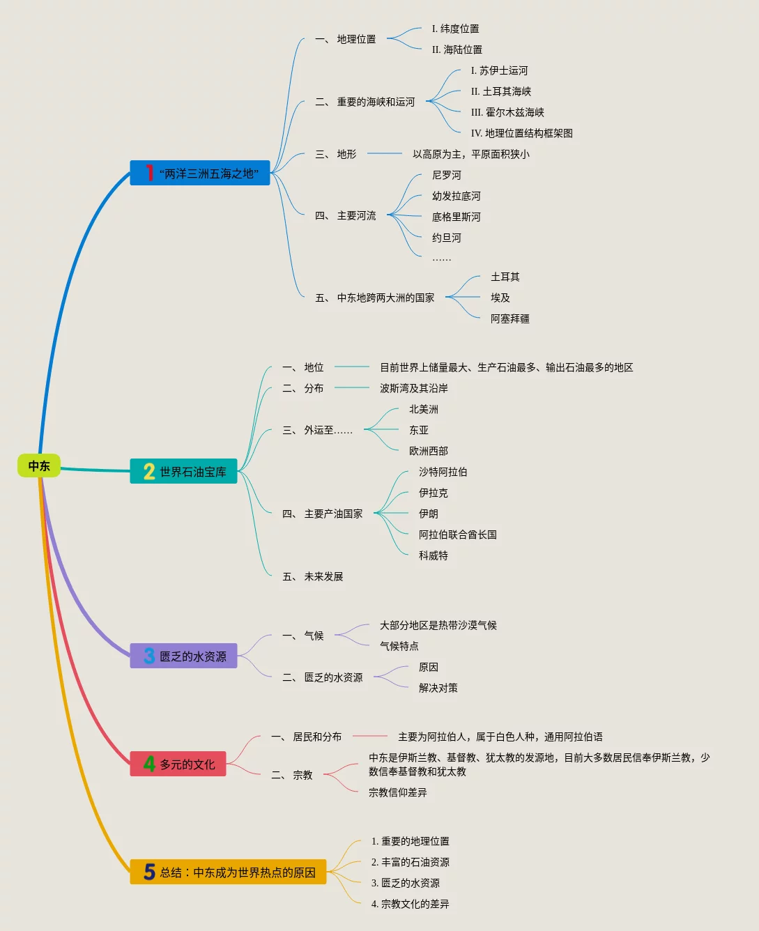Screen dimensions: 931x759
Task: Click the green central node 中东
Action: click(39, 466)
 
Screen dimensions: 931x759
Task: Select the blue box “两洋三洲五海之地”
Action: click(200, 173)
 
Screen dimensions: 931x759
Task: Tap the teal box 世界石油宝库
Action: click(184, 472)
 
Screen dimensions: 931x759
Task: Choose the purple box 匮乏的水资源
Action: click(184, 656)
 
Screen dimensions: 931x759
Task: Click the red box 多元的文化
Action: click(178, 764)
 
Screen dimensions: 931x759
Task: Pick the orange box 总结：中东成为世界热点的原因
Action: click(229, 872)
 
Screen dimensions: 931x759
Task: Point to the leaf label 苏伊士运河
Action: click(499, 71)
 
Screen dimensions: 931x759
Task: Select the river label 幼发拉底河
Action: click(456, 197)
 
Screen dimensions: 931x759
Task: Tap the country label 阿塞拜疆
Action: click(509, 319)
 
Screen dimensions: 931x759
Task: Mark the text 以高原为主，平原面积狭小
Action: click(470, 155)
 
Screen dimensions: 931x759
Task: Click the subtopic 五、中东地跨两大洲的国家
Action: click(375, 298)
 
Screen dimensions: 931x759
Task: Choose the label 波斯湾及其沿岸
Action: click(413, 389)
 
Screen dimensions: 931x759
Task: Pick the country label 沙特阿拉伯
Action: click(443, 472)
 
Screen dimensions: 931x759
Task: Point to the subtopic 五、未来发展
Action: click(313, 577)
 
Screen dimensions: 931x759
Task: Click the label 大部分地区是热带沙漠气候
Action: click(438, 626)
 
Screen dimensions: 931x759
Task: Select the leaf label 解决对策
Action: click(438, 688)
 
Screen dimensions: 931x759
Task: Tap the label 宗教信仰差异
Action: click(397, 793)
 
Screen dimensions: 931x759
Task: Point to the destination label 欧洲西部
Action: click(428, 452)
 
